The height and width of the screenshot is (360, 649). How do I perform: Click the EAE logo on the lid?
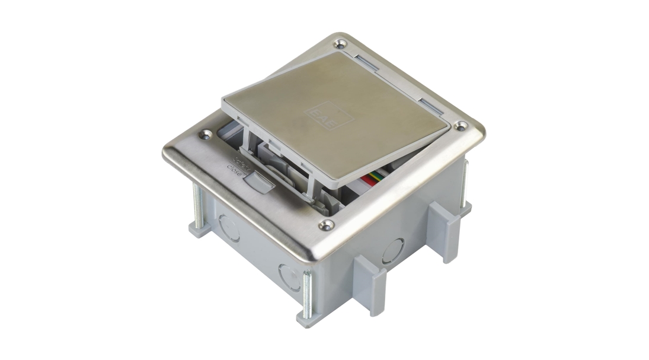pyautogui.click(x=328, y=113)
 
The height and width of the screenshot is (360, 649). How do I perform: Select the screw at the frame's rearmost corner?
pyautogui.click(x=340, y=43)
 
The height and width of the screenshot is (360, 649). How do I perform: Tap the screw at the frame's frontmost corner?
pyautogui.click(x=325, y=225)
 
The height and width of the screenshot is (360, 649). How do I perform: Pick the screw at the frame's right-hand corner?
pyautogui.click(x=461, y=126)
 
